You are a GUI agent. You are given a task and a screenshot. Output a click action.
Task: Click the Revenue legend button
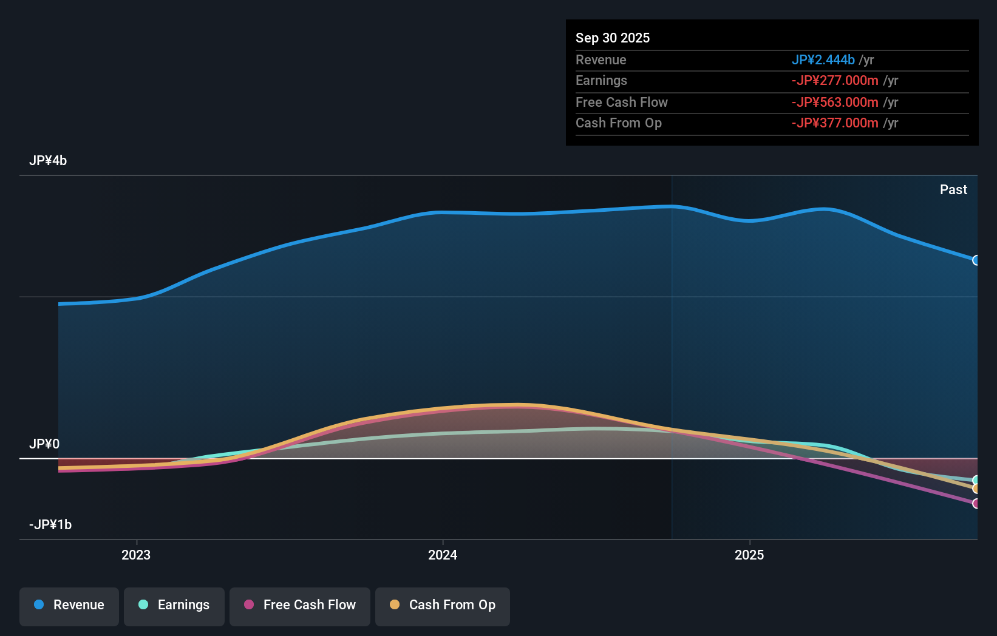[x=69, y=606]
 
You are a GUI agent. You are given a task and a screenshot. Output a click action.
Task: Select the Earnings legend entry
[x=174, y=606]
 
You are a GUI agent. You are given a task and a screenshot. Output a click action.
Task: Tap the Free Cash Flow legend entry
[x=300, y=606]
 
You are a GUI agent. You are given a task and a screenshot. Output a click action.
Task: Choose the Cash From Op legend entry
[x=443, y=606]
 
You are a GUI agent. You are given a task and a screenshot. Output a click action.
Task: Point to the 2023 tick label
[x=136, y=555]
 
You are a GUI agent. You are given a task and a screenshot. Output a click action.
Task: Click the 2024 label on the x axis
[x=443, y=555]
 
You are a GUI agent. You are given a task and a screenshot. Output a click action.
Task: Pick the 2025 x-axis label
[x=749, y=555]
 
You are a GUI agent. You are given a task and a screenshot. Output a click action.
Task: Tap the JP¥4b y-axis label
[x=48, y=161]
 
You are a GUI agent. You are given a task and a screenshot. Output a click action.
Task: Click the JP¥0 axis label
[x=44, y=444]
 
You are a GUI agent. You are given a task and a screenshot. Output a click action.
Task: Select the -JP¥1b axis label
[x=50, y=525]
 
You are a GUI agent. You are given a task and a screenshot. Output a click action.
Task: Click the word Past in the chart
[x=953, y=190]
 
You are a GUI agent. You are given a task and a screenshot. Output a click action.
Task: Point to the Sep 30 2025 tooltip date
[x=613, y=38]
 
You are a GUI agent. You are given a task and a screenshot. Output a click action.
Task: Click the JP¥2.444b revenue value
[x=823, y=60]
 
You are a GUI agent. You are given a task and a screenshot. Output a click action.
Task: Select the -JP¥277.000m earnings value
[x=835, y=81]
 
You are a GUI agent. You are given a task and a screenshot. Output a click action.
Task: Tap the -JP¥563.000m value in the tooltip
[x=835, y=103]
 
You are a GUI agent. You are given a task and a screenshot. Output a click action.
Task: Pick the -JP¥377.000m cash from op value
[x=835, y=123]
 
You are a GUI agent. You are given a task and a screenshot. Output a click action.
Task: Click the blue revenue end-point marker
[x=976, y=260]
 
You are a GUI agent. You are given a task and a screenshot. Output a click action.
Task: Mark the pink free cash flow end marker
[x=976, y=504]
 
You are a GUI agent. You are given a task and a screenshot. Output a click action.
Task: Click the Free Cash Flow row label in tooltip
[x=622, y=103]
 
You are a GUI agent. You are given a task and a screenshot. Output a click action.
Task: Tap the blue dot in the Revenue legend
[x=39, y=605]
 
